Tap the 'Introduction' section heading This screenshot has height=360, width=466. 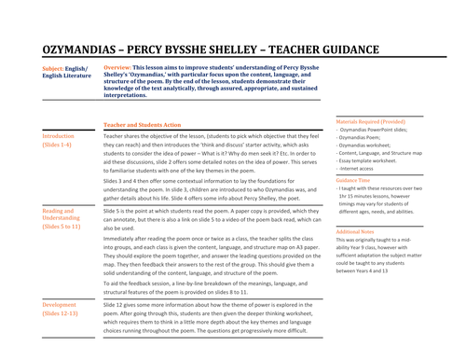pyautogui.click(x=63, y=136)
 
